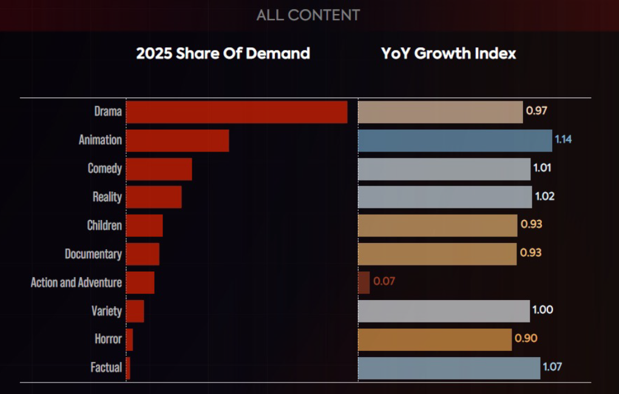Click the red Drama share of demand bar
coord(237,112)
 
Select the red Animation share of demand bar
coord(177,141)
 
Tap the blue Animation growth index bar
coord(455,141)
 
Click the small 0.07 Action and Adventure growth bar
coord(364,282)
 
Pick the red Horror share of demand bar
coord(129,339)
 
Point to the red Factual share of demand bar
coord(128,368)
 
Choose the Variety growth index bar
coord(444,311)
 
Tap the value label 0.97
coord(537,112)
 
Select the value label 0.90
coord(526,338)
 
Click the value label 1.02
coord(544,196)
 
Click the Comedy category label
coord(104,169)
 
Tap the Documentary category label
coord(93,254)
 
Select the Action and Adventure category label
coord(76,282)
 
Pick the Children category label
coord(104,225)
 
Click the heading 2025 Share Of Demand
coord(223,53)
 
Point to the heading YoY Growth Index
coord(448,53)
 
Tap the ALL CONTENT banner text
coord(308,15)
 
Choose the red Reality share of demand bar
coord(154,197)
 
